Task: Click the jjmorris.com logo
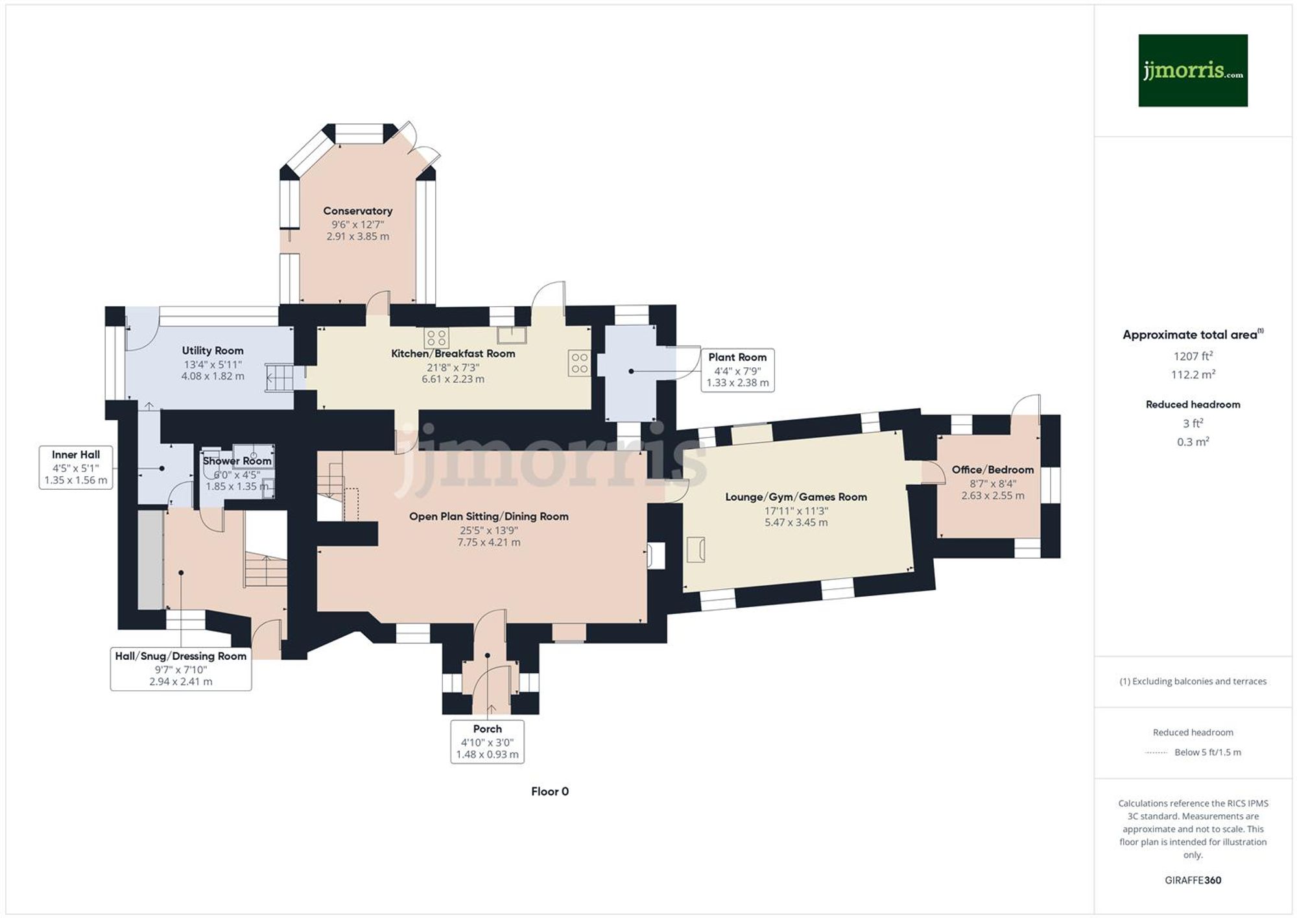(1193, 70)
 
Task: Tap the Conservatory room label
(357, 211)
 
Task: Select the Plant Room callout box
(737, 370)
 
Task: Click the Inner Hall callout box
(76, 467)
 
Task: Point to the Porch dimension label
(487, 742)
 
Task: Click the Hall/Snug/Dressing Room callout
(181, 668)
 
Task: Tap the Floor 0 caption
(549, 791)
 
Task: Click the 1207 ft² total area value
(1193, 356)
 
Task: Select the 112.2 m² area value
(1193, 374)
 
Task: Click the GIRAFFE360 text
(1193, 880)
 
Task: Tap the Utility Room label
(213, 350)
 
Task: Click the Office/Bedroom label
(992, 470)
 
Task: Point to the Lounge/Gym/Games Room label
(796, 497)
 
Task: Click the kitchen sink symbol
(512, 335)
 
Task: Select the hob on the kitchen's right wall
(580, 363)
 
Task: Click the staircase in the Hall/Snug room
(266, 571)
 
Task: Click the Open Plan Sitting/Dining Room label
(488, 516)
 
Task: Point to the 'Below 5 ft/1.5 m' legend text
(1208, 752)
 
